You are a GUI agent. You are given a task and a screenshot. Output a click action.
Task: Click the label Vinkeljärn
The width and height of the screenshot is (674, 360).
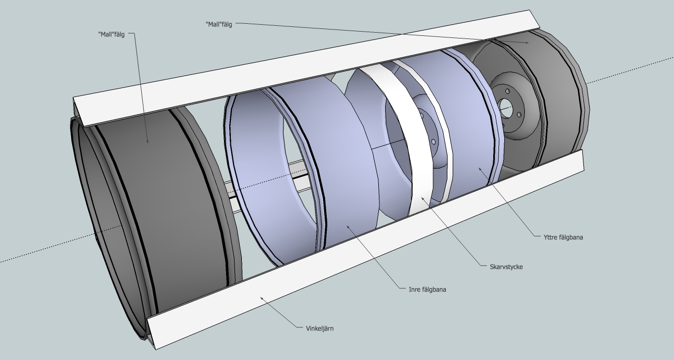320,328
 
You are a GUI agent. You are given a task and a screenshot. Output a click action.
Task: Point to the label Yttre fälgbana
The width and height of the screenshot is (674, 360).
563,237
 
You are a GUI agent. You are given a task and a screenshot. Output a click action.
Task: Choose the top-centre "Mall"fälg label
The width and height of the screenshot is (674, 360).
219,24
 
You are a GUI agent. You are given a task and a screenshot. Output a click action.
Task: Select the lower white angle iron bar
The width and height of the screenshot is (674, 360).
369,242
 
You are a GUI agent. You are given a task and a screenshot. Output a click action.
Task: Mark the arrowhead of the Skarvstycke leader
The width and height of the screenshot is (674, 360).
422,199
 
